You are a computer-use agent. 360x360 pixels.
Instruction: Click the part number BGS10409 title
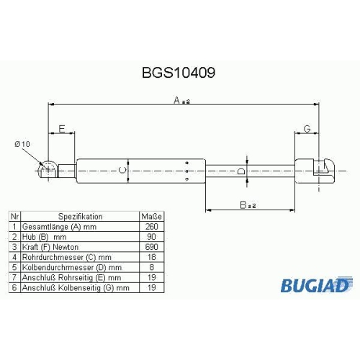pyautogui.click(x=179, y=73)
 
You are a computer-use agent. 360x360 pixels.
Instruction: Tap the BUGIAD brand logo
pyautogui.click(x=317, y=285)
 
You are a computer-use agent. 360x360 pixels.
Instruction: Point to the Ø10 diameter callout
pyautogui.click(x=22, y=144)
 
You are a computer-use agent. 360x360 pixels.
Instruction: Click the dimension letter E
pyautogui.click(x=62, y=129)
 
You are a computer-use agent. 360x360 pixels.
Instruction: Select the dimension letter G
pyautogui.click(x=307, y=129)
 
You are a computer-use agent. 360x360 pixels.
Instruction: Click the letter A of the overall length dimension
pyautogui.click(x=176, y=100)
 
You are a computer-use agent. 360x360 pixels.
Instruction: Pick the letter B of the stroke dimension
pyautogui.click(x=243, y=205)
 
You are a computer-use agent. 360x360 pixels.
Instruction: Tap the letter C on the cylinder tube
pyautogui.click(x=122, y=170)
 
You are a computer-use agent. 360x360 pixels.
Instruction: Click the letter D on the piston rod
pyautogui.click(x=241, y=171)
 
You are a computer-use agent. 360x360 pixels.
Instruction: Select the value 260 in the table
pyautogui.click(x=152, y=227)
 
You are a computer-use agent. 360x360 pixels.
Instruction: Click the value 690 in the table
pyautogui.click(x=152, y=247)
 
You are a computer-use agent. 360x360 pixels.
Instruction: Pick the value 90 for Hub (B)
pyautogui.click(x=151, y=237)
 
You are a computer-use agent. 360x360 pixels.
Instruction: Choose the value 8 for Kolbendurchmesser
pyautogui.click(x=151, y=267)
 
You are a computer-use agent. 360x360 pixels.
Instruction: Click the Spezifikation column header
pyautogui.click(x=81, y=217)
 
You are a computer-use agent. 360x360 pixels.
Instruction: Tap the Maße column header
pyautogui.click(x=152, y=217)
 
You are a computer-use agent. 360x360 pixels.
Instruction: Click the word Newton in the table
pyautogui.click(x=66, y=247)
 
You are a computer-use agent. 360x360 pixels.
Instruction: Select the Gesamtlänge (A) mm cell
pyautogui.click(x=59, y=227)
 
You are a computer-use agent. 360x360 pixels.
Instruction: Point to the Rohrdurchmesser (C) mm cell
pyautogui.click(x=67, y=257)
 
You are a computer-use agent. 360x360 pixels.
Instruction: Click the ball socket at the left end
pyautogui.click(x=48, y=169)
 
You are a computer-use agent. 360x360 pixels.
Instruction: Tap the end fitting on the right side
pyautogui.click(x=314, y=171)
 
